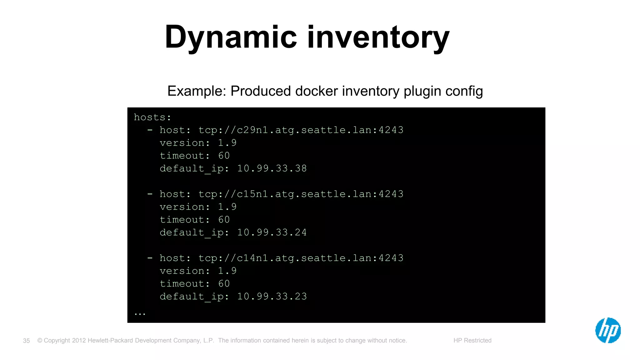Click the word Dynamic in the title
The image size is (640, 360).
231,37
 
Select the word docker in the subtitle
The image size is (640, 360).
317,91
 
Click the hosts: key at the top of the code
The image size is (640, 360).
152,117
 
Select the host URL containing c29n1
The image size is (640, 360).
301,130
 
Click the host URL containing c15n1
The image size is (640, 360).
301,194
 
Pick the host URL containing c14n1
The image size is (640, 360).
301,258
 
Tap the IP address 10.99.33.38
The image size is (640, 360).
272,168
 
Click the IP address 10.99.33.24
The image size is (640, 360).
272,232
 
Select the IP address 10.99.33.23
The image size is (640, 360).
272,296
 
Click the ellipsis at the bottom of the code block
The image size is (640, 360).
140,313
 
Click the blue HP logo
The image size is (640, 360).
608,330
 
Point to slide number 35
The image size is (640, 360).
27,341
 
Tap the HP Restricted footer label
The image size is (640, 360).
472,340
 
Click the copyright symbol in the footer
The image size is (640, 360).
40,340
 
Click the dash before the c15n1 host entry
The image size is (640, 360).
150,194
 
